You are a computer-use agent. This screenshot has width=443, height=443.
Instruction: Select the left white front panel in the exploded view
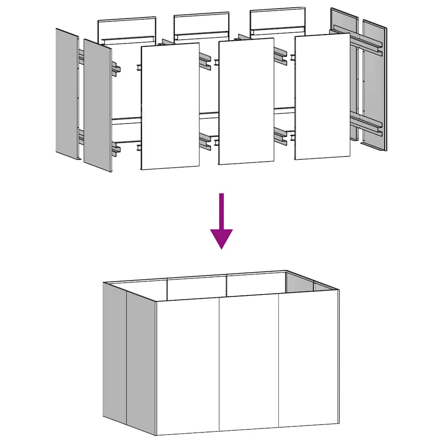170,106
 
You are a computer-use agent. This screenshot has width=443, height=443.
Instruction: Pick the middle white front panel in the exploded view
246,102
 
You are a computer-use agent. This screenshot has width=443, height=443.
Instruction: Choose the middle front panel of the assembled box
249,363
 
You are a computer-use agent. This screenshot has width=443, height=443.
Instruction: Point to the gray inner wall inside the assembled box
300,282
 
